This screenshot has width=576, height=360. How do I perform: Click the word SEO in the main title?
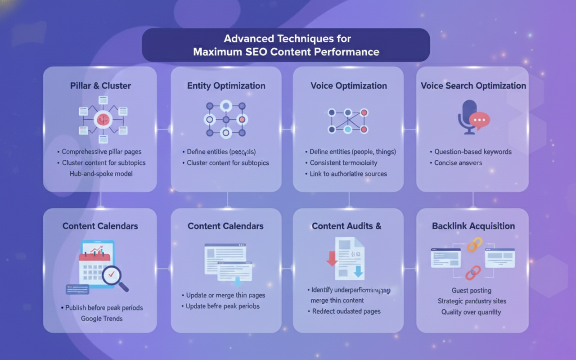[x=256, y=52]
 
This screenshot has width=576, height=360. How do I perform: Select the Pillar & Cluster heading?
[x=100, y=85]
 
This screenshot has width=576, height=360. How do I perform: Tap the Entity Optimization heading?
[x=226, y=85]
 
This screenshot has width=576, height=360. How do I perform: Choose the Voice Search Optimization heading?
[x=473, y=85]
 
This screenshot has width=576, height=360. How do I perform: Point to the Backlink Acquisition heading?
[x=473, y=226]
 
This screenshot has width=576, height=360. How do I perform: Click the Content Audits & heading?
[x=346, y=226]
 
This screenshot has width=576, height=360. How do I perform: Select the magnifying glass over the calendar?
[x=113, y=276]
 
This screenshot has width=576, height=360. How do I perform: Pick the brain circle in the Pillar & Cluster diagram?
[x=103, y=120]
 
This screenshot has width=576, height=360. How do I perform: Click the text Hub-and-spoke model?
[x=101, y=173]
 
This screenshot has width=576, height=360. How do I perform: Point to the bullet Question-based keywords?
[x=472, y=152]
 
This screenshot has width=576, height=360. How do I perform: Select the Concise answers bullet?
[x=458, y=162]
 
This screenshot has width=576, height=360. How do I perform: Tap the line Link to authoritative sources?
[x=348, y=173]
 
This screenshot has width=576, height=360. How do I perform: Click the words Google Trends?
[x=102, y=319]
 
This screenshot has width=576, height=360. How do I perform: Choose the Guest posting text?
[x=471, y=290]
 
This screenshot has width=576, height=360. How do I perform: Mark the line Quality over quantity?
[x=471, y=312]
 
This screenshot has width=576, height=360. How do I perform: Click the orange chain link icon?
[x=474, y=245]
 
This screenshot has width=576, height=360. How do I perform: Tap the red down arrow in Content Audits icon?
[x=332, y=258]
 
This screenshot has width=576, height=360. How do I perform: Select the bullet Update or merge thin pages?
[x=225, y=295]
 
